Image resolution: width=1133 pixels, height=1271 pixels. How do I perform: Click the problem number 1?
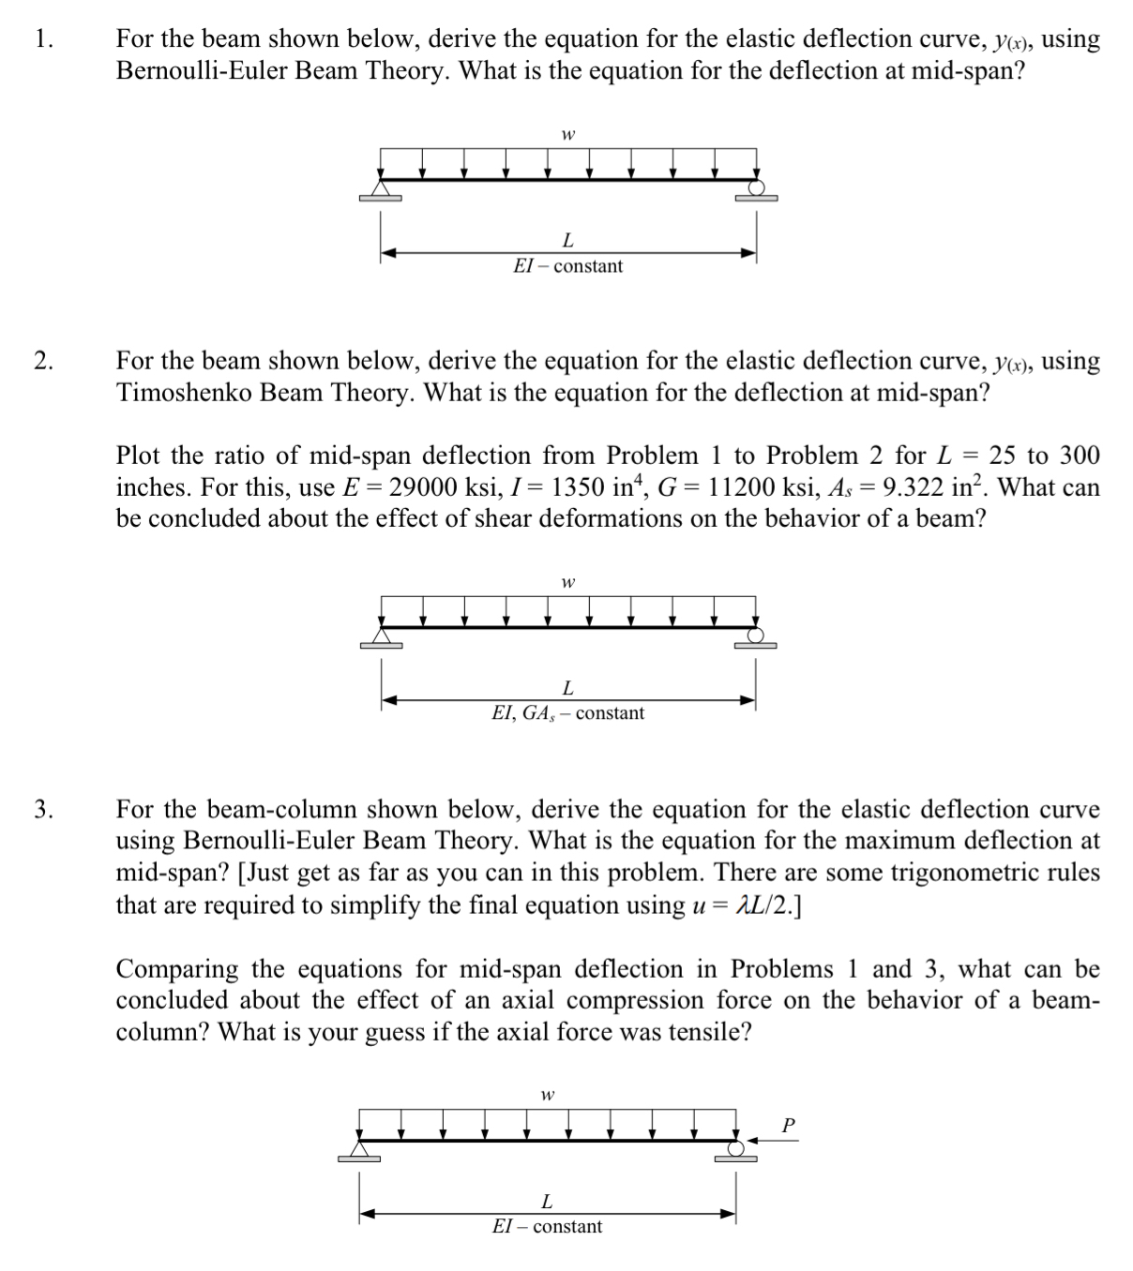[x=40, y=39]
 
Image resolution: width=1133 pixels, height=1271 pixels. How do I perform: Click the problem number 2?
[x=42, y=362]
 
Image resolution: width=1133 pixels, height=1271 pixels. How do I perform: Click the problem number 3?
[x=42, y=810]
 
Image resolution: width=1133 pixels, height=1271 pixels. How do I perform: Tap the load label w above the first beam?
[x=567, y=134]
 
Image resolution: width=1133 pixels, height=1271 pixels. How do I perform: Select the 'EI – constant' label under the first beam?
[x=567, y=266]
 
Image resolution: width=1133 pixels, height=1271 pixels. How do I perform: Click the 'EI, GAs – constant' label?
[x=567, y=713]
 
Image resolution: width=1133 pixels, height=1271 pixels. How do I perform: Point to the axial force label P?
[x=788, y=1124]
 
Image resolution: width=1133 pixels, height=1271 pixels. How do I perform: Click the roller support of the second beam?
[x=756, y=637]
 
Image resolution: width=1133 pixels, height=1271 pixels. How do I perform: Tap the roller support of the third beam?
[x=736, y=1149]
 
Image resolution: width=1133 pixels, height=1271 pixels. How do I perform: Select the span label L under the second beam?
[x=567, y=688]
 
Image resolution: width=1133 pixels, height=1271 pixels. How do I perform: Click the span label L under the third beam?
[x=547, y=1201]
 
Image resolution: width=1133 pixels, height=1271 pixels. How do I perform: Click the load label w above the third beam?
[x=547, y=1094]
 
